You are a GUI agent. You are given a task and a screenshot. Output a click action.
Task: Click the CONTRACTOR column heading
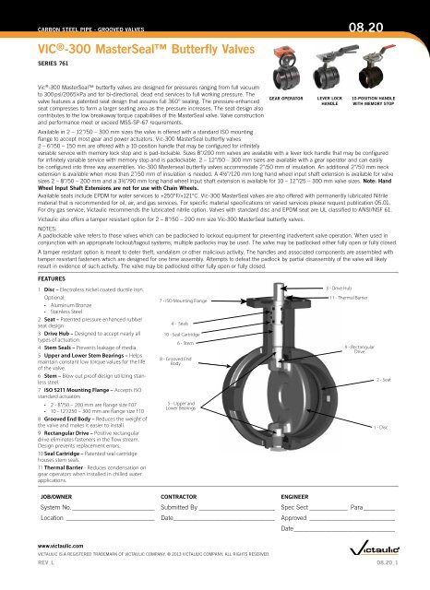tap(183, 496)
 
